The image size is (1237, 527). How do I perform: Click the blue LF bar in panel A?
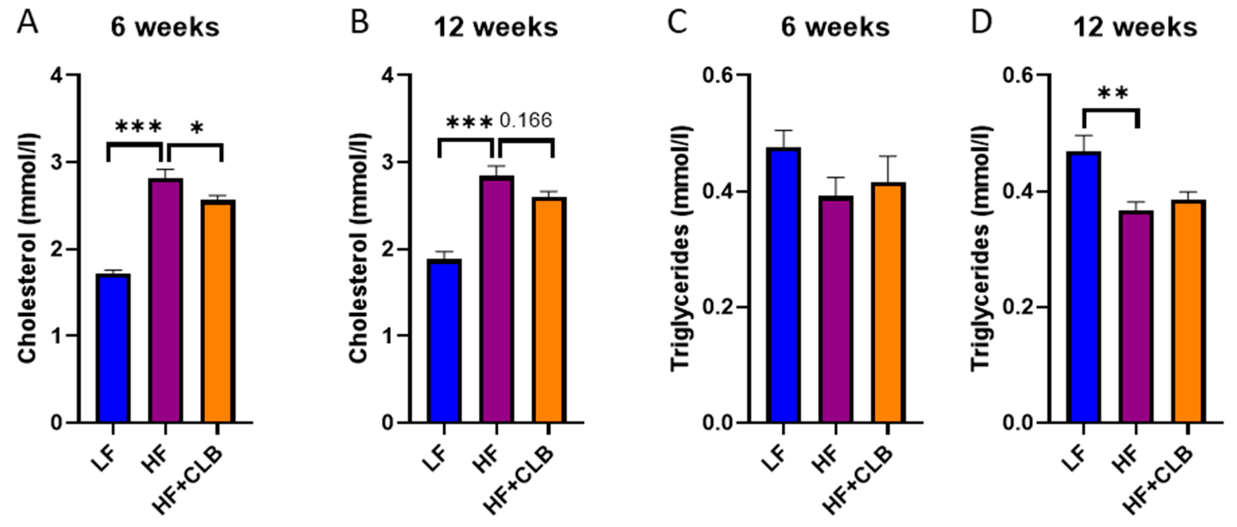click(x=113, y=348)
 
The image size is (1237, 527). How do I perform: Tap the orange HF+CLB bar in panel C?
click(x=888, y=302)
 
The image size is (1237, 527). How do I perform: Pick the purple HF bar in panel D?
click(x=1136, y=317)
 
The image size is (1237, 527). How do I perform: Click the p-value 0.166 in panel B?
click(x=526, y=120)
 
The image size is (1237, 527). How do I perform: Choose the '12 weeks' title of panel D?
click(x=1135, y=27)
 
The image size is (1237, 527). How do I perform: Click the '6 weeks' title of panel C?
click(x=835, y=27)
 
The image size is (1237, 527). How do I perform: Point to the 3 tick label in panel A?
click(x=57, y=162)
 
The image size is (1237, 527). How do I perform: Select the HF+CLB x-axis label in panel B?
click(x=519, y=480)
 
